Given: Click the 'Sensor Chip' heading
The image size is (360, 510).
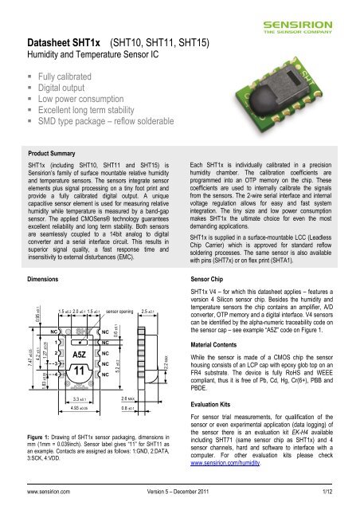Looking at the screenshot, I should pos(210,259).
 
